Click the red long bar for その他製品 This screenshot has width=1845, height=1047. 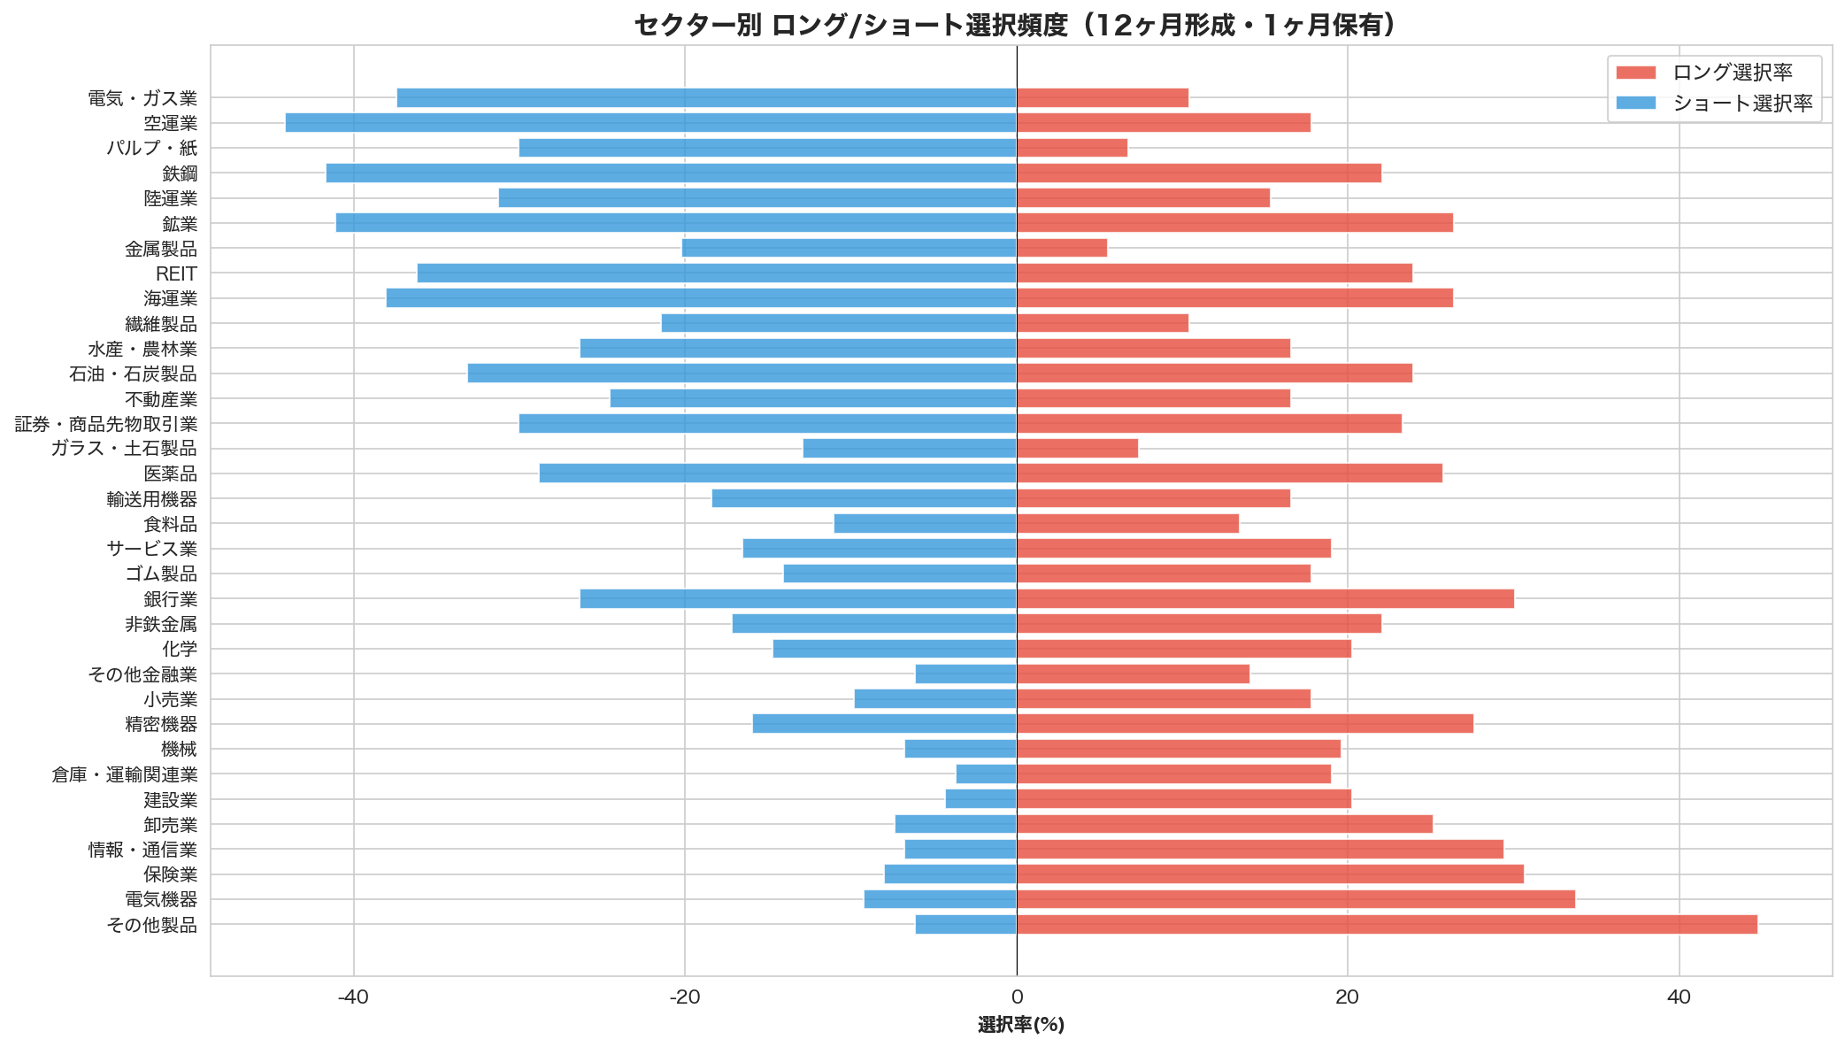point(1387,925)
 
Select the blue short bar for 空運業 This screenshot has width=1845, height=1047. point(650,123)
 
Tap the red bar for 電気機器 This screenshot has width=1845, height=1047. point(1295,899)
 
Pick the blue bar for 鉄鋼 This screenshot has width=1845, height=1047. point(671,173)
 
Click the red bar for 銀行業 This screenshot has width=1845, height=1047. point(1265,599)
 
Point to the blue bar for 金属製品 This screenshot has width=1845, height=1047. point(849,248)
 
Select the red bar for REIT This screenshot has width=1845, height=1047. point(1214,273)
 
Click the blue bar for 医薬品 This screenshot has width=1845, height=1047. point(778,473)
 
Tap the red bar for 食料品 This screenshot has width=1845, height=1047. point(1127,524)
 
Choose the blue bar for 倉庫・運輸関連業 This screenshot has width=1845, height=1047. point(986,774)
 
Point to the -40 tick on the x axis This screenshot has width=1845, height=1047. point(353,997)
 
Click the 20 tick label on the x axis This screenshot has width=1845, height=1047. point(1347,997)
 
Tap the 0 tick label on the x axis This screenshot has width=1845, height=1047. point(1017,997)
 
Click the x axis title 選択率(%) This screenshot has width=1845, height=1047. point(1021,1025)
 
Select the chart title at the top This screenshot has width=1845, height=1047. point(1016,25)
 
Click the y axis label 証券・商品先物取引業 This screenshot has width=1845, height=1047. point(106,425)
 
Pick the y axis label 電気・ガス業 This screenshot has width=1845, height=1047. point(142,98)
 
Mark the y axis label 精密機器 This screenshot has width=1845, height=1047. point(161,725)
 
